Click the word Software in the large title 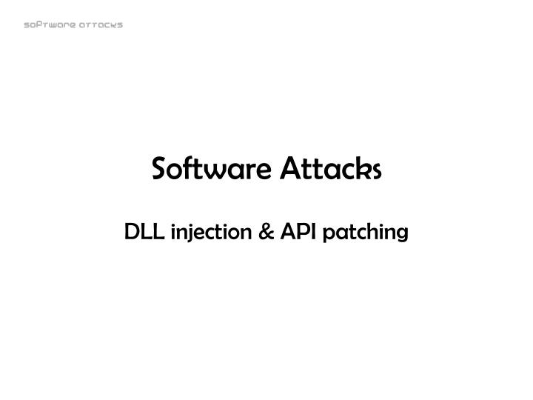[210, 170]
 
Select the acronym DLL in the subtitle [144, 233]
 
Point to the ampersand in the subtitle [265, 233]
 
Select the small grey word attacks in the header [100, 24]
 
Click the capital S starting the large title [159, 170]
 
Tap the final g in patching [401, 236]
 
